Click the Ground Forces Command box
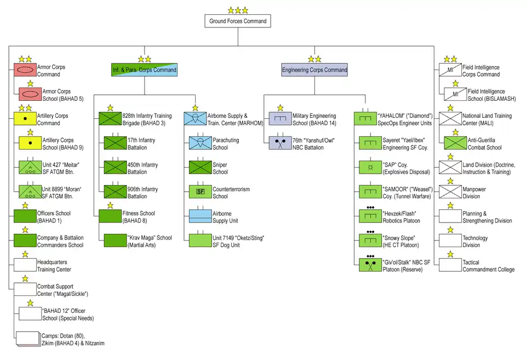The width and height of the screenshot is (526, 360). tap(238, 21)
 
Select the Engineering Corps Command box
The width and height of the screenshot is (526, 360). tap(315, 70)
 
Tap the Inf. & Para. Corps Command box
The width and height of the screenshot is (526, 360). tap(145, 70)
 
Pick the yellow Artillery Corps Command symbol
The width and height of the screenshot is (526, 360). tap(25, 119)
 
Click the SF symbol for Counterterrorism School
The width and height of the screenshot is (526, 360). tap(200, 192)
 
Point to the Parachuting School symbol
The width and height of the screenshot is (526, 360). tap(200, 143)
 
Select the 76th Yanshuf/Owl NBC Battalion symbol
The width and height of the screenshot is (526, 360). tap(280, 143)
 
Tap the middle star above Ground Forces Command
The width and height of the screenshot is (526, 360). tap(238, 10)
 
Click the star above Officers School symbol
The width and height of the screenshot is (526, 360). tap(25, 205)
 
